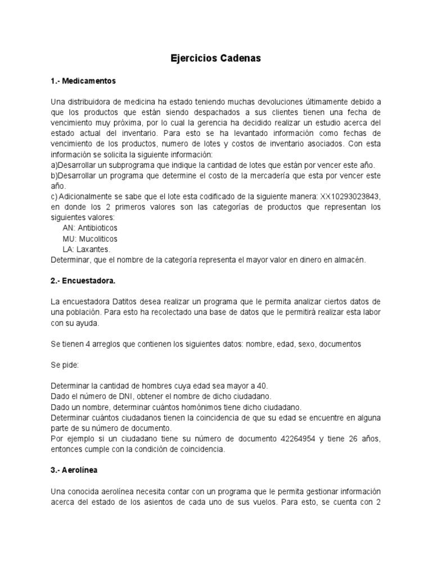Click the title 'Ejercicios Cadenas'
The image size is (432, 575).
[216, 58]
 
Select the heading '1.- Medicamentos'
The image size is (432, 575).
[83, 81]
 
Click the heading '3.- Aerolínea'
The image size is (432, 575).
[74, 469]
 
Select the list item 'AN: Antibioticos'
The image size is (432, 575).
[90, 228]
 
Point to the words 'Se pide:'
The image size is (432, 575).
[65, 365]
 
